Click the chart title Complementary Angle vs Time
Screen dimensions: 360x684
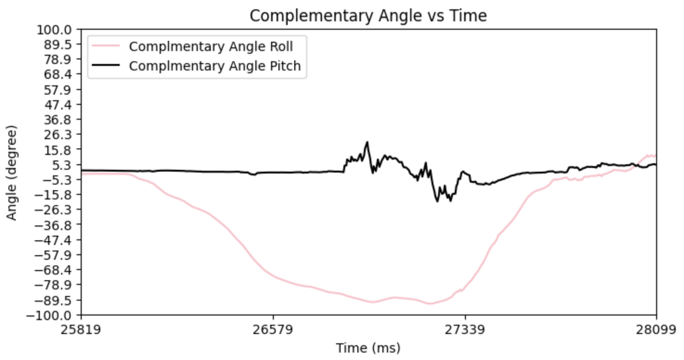[x=368, y=16]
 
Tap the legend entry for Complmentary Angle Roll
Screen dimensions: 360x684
[x=211, y=46]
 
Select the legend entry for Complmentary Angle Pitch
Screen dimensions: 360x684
[x=215, y=66]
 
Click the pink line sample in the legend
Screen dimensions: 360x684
[x=106, y=46]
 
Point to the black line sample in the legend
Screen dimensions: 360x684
[x=106, y=66]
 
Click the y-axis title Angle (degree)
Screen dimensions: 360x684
[x=12, y=172]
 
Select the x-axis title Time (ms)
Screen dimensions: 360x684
[x=368, y=347]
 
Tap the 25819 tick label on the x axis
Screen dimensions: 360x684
[x=82, y=330]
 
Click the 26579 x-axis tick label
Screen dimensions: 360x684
[x=273, y=330]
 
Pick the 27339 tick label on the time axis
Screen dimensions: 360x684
[x=465, y=330]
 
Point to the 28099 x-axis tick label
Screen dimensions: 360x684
[x=656, y=330]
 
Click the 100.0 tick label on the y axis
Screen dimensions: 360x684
[x=59, y=29]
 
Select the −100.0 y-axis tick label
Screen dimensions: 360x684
[x=57, y=315]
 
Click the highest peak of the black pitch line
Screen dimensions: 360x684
[x=367, y=142]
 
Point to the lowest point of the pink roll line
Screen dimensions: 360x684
[x=430, y=304]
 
